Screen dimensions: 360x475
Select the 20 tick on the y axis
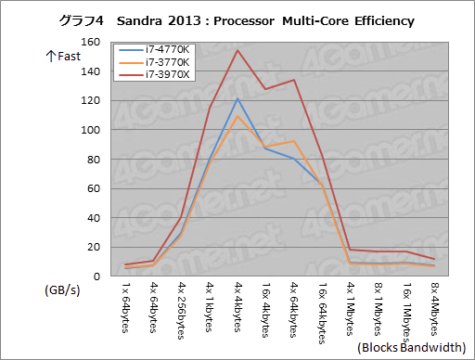tap(92, 247)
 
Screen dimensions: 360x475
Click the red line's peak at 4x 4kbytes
tap(238, 50)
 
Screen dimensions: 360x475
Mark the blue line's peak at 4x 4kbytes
tap(238, 98)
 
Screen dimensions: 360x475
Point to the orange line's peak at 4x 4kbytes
tap(238, 116)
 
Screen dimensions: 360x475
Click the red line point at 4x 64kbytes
tap(294, 80)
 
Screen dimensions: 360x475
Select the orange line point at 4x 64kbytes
tap(294, 141)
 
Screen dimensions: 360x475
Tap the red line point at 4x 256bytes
tap(182, 217)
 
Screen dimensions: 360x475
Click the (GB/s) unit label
tap(62, 289)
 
